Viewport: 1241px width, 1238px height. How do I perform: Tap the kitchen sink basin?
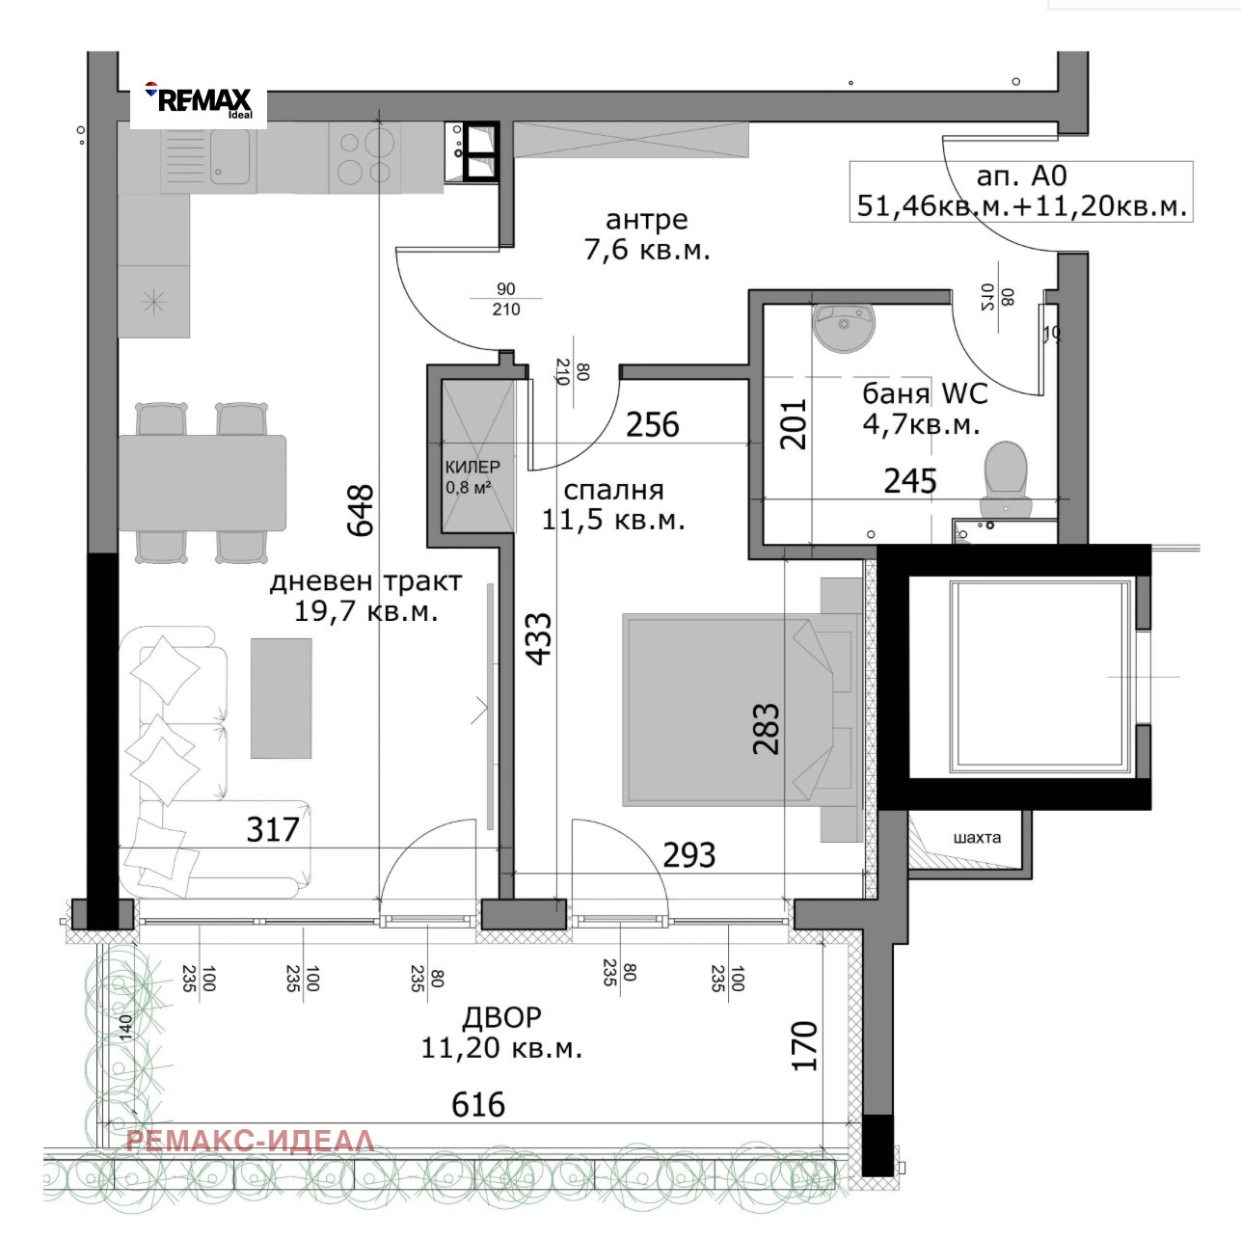point(228,156)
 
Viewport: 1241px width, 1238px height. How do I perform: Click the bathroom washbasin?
point(845,328)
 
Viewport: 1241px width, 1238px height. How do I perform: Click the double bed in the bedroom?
point(742,710)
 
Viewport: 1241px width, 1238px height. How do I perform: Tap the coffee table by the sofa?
point(281,698)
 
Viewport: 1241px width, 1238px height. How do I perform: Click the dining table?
point(202,483)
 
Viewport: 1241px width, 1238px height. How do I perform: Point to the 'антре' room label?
point(647,220)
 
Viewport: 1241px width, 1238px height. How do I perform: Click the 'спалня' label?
point(613,490)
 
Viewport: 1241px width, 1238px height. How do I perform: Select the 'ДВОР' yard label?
point(502,1018)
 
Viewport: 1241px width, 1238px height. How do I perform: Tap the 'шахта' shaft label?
point(977,838)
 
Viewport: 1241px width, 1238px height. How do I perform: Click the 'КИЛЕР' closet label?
point(472,467)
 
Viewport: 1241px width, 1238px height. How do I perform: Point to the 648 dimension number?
point(360,510)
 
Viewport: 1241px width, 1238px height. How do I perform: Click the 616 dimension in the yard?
point(478,1105)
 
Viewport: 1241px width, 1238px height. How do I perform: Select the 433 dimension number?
point(538,638)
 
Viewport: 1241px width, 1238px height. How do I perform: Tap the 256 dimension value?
point(653,425)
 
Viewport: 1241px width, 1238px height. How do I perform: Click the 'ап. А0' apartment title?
point(1022,175)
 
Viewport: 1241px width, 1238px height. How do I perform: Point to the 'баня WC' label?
point(926,393)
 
